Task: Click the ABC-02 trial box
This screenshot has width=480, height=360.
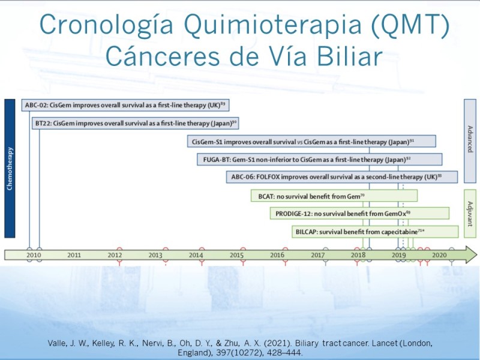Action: coord(125,106)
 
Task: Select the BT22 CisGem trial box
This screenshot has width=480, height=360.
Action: coord(136,124)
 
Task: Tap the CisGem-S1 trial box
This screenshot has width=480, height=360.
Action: coord(311,142)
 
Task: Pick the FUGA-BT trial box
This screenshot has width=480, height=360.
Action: coord(320,160)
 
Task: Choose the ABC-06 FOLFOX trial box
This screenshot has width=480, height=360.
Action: coord(342,177)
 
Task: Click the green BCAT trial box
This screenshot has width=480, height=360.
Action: coord(334,196)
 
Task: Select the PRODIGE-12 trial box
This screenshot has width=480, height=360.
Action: coord(359,214)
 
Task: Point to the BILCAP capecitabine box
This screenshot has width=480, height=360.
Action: coord(375,232)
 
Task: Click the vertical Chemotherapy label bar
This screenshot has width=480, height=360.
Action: coord(10,169)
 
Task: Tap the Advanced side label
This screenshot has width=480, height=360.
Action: coord(470,141)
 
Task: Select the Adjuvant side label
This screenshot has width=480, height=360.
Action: coord(470,214)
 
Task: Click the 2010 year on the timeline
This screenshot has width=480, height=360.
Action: coord(34,255)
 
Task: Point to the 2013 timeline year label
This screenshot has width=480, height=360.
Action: coord(155,255)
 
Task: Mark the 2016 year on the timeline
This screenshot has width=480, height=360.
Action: coord(277,255)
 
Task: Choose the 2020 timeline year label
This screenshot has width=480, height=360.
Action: coord(439,255)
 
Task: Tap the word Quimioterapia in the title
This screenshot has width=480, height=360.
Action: coord(273,25)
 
